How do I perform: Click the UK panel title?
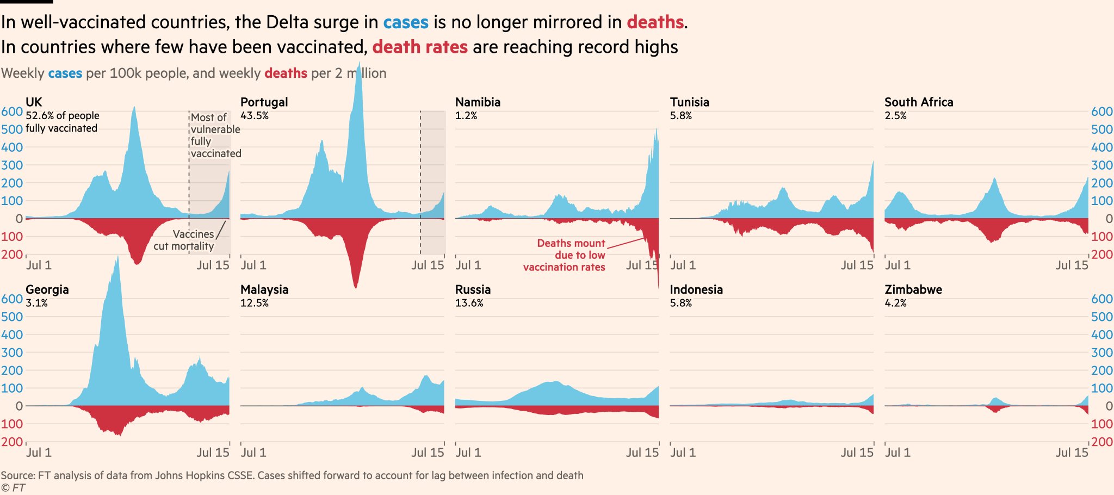pos(34,102)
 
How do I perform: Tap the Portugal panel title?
pos(264,102)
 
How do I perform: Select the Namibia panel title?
pos(478,102)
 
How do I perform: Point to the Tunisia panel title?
pos(689,102)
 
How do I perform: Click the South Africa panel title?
pos(919,102)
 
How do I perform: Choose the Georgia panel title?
pos(47,289)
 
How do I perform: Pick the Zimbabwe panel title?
pos(913,289)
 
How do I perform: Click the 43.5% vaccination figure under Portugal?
pos(255,116)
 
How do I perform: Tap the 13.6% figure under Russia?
pos(469,303)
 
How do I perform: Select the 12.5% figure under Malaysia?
pos(255,303)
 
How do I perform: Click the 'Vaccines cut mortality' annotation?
pos(185,240)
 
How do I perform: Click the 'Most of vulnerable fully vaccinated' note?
pos(215,135)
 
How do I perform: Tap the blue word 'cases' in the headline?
pos(406,22)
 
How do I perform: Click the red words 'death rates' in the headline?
pos(420,47)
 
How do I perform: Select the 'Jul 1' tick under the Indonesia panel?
pos(683,453)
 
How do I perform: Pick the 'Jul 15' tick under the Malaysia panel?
pos(428,453)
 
